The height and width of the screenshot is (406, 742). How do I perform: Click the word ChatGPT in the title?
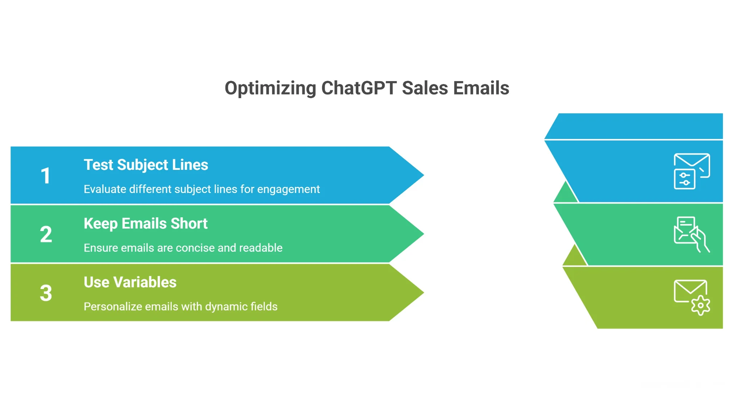point(359,88)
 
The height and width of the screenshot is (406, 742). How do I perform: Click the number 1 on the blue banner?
point(46,176)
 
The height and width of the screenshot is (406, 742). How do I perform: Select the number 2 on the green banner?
point(46,235)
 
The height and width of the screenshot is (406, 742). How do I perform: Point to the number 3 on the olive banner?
point(46,293)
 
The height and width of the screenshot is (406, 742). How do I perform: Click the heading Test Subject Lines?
point(146,165)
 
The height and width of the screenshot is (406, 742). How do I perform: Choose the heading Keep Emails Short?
point(145,223)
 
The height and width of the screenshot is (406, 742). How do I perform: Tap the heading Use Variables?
point(130,282)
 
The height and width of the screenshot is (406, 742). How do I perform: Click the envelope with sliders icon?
point(691,171)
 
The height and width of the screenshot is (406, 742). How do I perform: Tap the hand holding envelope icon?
point(691,234)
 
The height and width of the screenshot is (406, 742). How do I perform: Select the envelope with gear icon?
point(691,297)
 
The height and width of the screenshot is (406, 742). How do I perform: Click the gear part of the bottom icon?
point(701,305)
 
